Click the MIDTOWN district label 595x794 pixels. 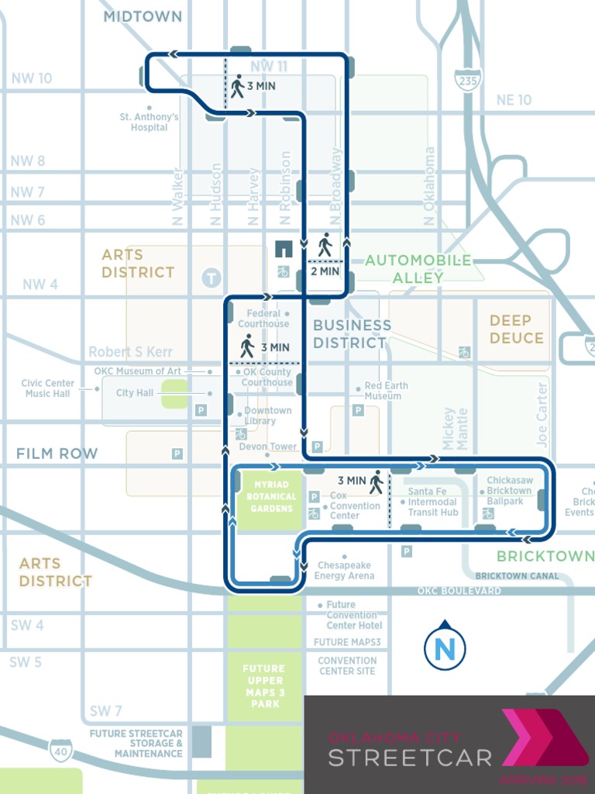143,16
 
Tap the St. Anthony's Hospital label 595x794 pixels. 149,123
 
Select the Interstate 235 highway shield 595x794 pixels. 469,79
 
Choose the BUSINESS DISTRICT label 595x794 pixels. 352,333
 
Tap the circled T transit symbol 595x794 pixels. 211,276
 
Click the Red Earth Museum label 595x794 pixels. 386,391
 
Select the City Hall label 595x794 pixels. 135,393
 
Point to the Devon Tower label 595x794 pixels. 267,447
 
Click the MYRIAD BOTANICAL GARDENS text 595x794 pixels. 272,497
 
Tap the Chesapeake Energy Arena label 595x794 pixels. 345,571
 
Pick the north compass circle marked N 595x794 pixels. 445,647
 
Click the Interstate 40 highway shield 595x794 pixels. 60,750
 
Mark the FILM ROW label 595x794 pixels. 57,454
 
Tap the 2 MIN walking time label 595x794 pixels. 325,271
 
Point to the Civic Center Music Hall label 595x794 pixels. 48,388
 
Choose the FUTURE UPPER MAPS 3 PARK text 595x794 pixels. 264,686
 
